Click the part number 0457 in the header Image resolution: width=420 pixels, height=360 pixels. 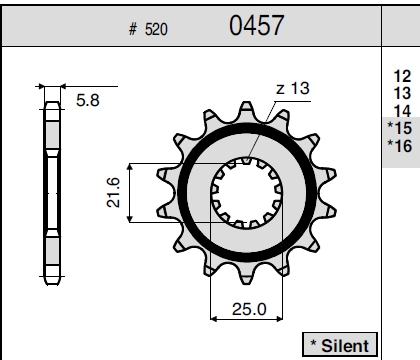(x=256, y=25)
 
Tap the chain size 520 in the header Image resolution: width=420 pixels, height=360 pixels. (x=156, y=29)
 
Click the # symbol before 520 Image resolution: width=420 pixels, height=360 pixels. (x=133, y=29)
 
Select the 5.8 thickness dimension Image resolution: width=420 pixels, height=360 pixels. (x=88, y=100)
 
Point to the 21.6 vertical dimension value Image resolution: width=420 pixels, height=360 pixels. (x=113, y=193)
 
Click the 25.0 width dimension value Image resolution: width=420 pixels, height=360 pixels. (x=249, y=309)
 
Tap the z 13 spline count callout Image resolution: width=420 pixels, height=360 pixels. (x=293, y=88)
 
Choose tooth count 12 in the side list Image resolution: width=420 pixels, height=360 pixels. (x=402, y=76)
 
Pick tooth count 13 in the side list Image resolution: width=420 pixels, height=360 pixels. (x=402, y=94)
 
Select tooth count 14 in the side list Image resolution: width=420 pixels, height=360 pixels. (x=402, y=111)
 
